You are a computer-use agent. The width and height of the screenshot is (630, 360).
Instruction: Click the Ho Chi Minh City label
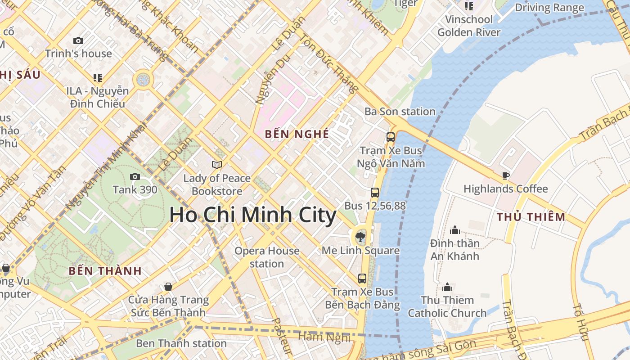coord(252,215)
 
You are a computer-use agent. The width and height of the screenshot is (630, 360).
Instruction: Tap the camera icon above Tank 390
coord(135,176)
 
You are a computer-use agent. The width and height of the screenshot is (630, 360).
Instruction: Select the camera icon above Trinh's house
coord(78,40)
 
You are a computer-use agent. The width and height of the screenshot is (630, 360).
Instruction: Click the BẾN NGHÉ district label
coord(297,134)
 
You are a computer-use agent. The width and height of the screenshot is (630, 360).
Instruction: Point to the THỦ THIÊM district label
coord(531,217)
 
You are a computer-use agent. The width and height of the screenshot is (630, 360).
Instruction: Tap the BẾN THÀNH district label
coord(105,271)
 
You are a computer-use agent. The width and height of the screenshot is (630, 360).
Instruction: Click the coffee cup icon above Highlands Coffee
coord(505,175)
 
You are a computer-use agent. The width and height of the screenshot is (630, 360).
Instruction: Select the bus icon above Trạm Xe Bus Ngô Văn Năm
coord(391,137)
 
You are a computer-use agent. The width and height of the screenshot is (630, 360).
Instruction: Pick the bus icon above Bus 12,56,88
coord(374,193)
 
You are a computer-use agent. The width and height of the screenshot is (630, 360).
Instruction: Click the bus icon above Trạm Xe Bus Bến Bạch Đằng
coord(362,279)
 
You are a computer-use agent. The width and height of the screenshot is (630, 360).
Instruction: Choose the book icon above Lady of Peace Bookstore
coord(217,165)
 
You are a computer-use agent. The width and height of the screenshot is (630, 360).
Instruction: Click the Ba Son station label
coord(400,112)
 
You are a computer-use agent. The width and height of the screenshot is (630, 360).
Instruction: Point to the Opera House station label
coord(267,257)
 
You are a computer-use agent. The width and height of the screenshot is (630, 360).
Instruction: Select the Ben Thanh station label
coord(181,343)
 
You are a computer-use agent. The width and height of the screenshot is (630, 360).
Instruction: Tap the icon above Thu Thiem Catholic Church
coord(447,287)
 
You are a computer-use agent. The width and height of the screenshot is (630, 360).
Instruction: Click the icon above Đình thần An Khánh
coord(455,230)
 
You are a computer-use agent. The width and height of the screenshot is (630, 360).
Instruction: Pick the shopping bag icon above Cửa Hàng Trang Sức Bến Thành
coord(168,287)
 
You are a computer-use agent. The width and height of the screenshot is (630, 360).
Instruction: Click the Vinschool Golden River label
coord(468,26)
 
